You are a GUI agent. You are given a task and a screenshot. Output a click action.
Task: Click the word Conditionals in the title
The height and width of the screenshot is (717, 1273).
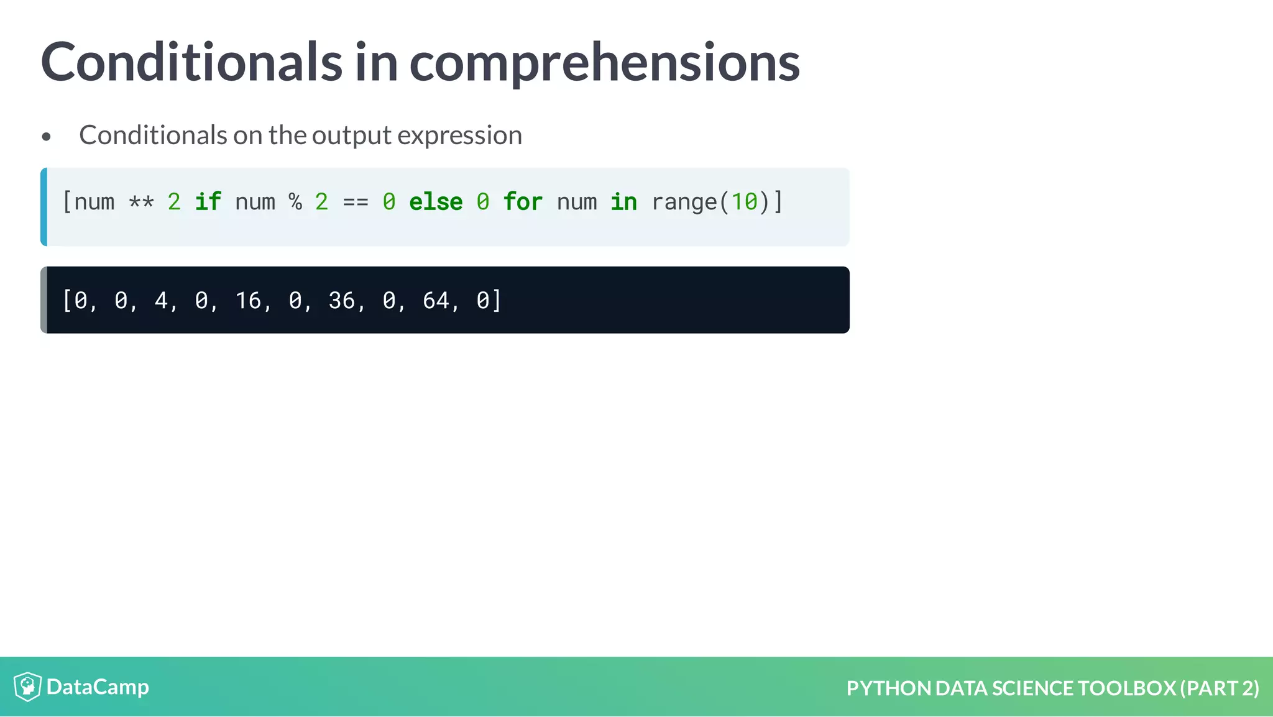(x=191, y=62)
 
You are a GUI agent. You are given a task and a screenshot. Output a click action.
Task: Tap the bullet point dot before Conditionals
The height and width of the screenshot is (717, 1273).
(x=47, y=137)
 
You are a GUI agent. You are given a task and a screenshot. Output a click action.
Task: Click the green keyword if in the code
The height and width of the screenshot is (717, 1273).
(x=208, y=202)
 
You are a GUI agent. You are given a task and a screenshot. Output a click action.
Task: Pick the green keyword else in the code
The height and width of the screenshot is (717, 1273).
(x=436, y=202)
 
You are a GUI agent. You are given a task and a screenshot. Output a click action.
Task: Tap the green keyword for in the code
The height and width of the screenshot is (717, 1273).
(x=523, y=202)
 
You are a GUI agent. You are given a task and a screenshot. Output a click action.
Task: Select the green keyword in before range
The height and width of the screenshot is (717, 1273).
(x=623, y=202)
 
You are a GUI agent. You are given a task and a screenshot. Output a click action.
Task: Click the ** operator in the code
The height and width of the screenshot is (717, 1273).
(x=141, y=203)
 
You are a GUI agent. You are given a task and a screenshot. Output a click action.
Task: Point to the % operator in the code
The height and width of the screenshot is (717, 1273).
(x=295, y=202)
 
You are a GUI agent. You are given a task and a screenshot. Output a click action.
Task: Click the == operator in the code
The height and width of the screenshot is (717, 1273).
(x=356, y=203)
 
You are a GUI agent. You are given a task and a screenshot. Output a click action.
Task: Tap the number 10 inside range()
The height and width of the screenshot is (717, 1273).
(x=744, y=202)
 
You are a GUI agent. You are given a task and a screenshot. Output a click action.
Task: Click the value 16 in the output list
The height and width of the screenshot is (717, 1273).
(x=248, y=301)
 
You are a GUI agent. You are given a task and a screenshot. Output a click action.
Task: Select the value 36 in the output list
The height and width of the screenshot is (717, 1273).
(x=342, y=301)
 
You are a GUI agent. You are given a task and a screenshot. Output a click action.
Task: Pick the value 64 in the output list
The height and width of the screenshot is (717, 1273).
(x=436, y=301)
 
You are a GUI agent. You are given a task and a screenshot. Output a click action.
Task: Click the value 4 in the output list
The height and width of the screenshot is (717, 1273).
(x=161, y=301)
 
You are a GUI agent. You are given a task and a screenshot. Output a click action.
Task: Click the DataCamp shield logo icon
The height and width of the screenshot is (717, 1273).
(x=27, y=687)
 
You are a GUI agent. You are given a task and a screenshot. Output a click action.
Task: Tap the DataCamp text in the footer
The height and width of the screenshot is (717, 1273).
(x=98, y=687)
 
